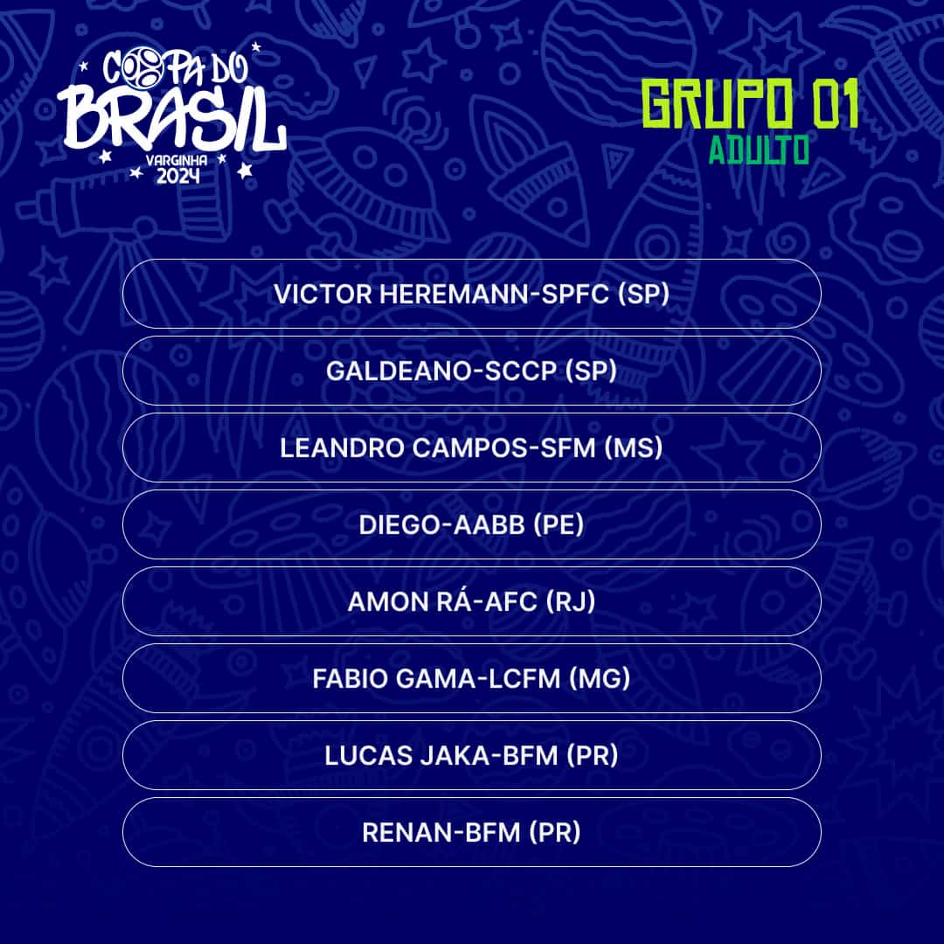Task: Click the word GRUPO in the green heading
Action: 717,103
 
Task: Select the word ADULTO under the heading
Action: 759,150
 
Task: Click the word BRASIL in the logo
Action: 171,119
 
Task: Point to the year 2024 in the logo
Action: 177,176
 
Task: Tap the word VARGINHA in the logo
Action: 177,161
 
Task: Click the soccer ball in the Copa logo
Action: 142,66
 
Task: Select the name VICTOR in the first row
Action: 323,295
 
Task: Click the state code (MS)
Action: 634,448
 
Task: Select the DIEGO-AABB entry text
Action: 442,525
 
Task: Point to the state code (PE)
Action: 559,525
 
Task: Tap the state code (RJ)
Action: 571,601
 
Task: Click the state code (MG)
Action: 600,678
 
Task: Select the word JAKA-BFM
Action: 489,755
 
